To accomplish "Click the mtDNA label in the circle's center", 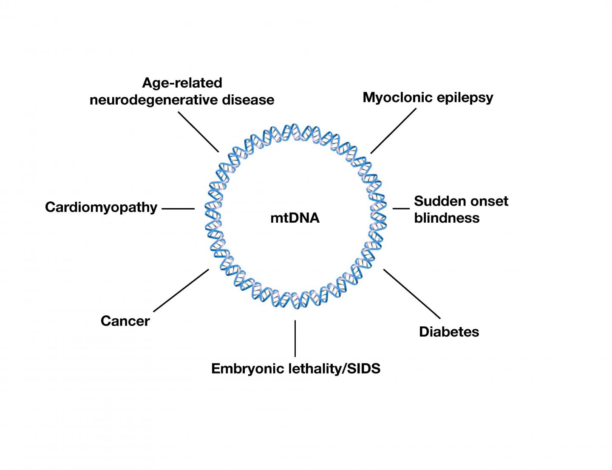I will tap(295, 218).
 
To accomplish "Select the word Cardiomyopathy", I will tap(101, 207).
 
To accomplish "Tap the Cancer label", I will tap(125, 321).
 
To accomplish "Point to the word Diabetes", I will tap(449, 331).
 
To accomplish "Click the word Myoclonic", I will tap(395, 97).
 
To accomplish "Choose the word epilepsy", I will tap(462, 98).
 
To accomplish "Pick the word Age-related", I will tap(182, 82).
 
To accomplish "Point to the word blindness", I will tap(447, 218).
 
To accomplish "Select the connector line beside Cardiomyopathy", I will tap(178, 209).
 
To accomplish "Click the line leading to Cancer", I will tap(181, 290).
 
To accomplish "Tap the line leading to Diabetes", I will tap(412, 294).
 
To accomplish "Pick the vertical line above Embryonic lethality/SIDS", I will tap(295, 338).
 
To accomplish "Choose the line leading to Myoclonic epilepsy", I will tap(393, 130).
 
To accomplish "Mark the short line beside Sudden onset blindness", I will tap(400, 209).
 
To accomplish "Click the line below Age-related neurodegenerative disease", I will tap(198, 132).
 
